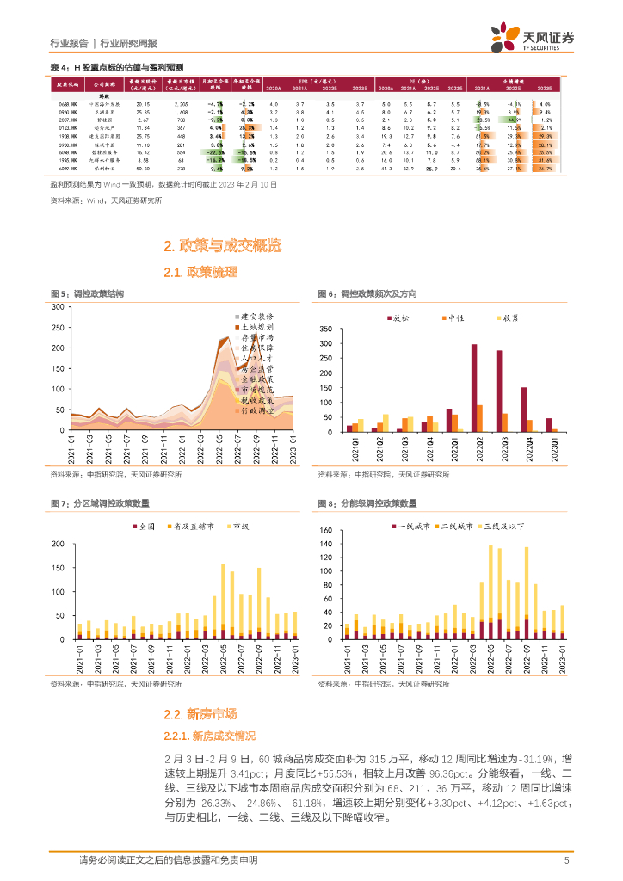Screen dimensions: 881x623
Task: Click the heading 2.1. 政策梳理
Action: tap(200, 273)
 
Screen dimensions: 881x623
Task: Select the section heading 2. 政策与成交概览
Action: tap(222, 247)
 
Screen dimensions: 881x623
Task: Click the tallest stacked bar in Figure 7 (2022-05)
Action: tap(224, 601)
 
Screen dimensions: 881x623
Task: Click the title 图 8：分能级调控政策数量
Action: tap(368, 502)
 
